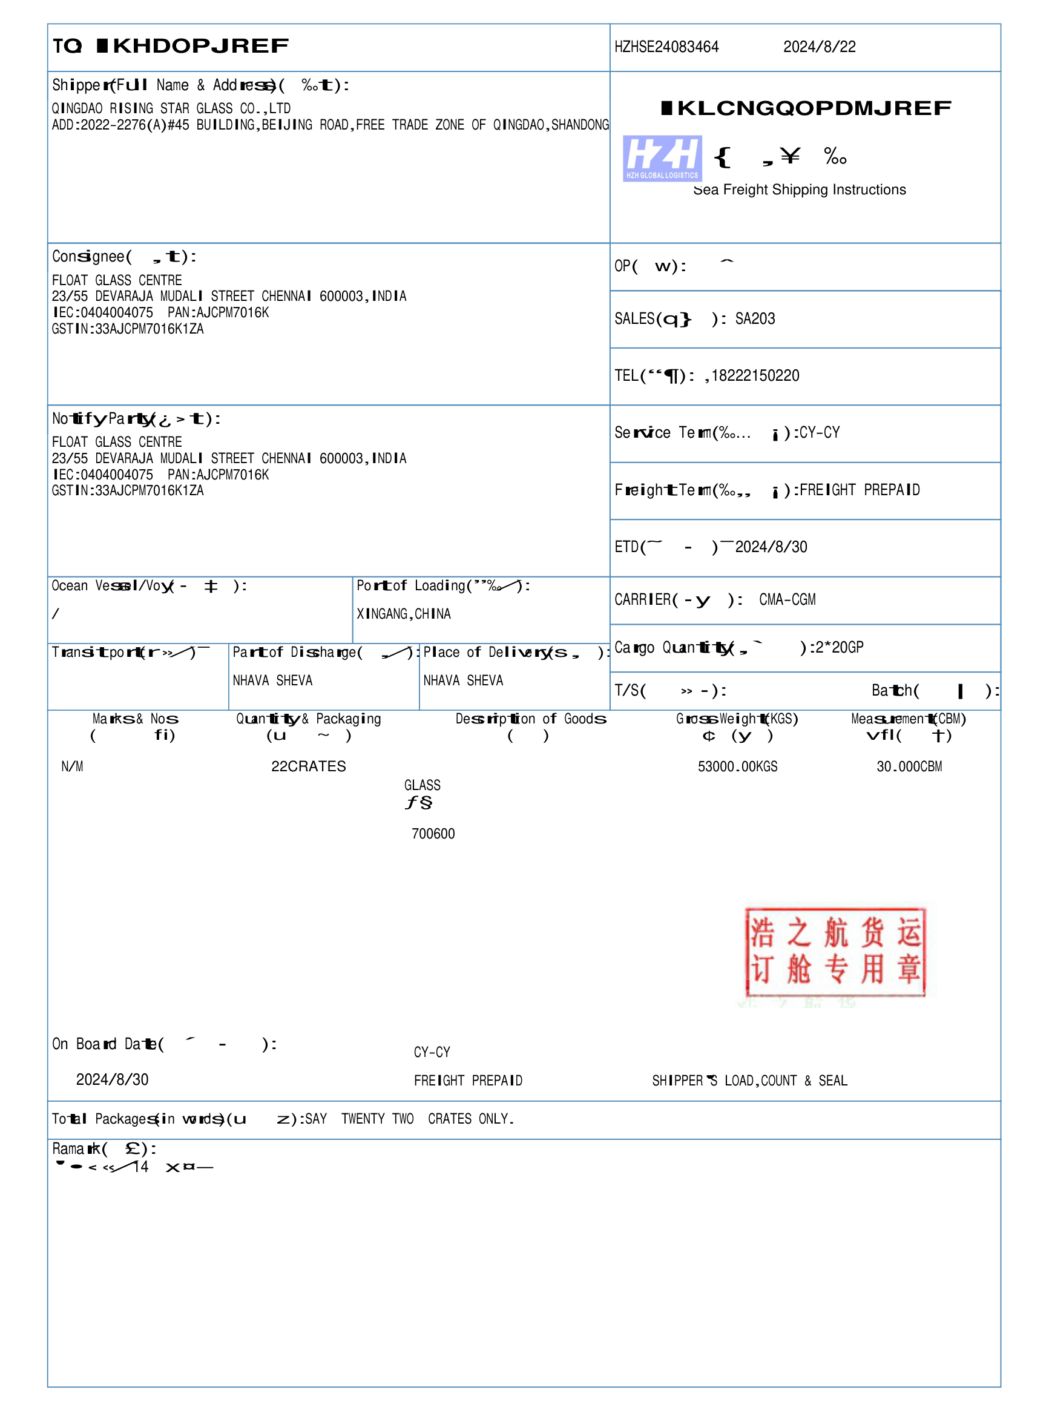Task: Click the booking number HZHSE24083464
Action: point(666,47)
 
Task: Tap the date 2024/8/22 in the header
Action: point(819,47)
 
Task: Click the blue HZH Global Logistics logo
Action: point(662,159)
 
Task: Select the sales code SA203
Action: point(755,319)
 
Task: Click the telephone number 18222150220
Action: point(755,376)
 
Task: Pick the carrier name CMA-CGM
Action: point(788,599)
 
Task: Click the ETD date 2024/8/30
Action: point(771,547)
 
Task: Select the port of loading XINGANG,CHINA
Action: point(404,614)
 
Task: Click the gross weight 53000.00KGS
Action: point(737,766)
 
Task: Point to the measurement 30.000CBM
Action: point(909,766)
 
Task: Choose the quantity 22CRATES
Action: point(309,766)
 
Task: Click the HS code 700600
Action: point(433,834)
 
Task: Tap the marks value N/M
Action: point(73,766)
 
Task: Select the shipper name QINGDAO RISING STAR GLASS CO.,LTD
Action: point(171,108)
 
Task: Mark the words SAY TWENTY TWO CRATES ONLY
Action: point(410,1119)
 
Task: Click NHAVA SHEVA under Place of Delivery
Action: point(463,680)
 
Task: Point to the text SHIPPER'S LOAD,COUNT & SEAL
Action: point(749,1081)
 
